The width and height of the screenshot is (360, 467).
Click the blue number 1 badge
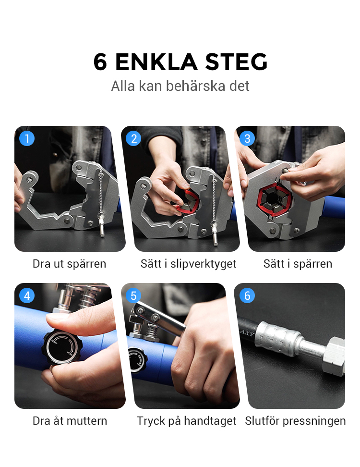(x=27, y=138)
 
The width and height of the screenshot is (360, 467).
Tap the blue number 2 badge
(x=133, y=138)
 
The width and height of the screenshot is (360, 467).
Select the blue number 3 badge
(x=247, y=138)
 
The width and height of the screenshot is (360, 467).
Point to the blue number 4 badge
(x=27, y=295)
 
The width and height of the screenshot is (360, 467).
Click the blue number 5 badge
(x=133, y=295)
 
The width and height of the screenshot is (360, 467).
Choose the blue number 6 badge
(x=247, y=295)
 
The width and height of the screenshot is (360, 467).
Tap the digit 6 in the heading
(x=100, y=62)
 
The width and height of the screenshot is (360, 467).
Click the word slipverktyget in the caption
(x=203, y=264)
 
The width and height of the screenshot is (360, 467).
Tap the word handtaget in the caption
(x=210, y=421)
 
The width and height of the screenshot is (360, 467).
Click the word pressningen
(x=314, y=421)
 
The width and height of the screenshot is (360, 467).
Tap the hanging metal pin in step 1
(x=101, y=226)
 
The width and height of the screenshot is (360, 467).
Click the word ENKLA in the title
(x=156, y=62)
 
